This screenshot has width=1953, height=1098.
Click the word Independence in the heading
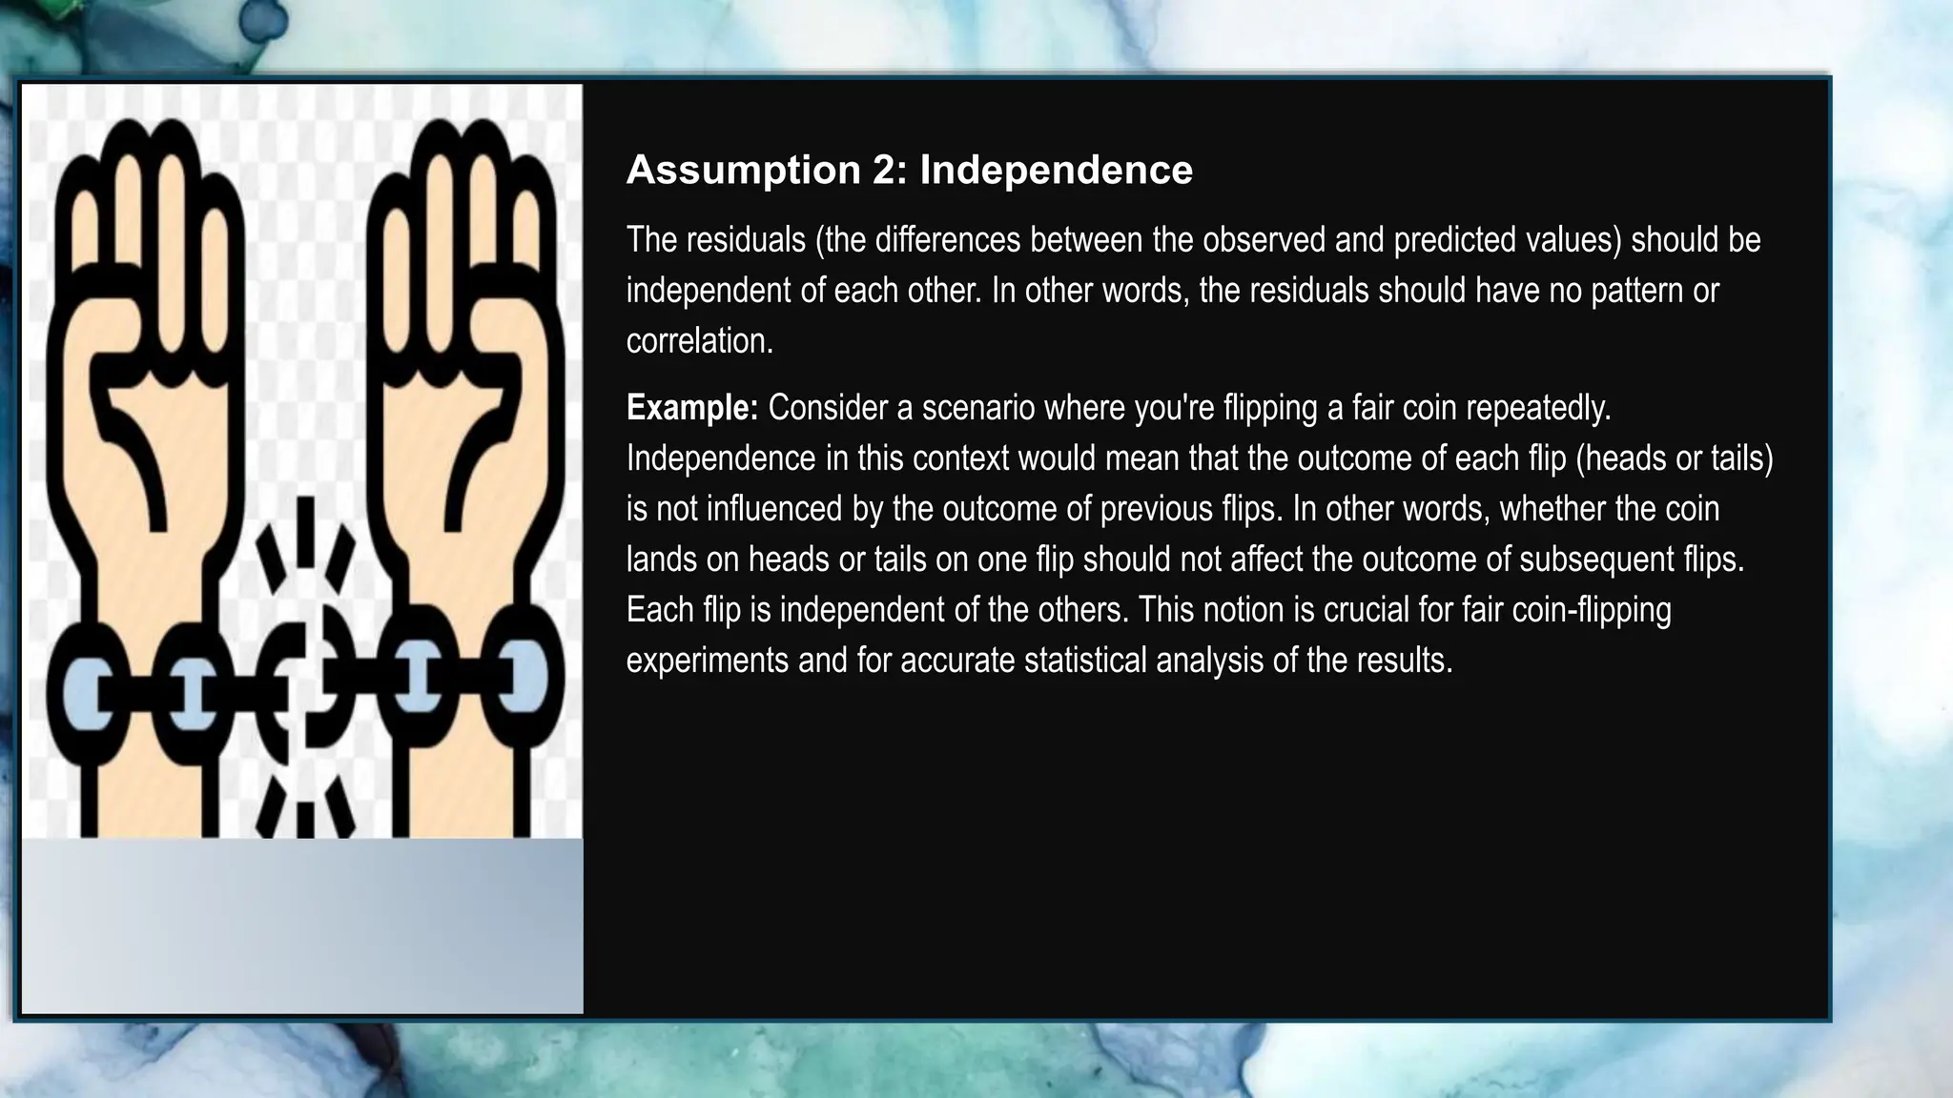pos(1056,171)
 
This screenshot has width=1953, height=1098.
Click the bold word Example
pos(691,408)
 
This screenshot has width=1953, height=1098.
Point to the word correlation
pos(699,341)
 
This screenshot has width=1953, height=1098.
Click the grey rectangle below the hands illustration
pos(301,925)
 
